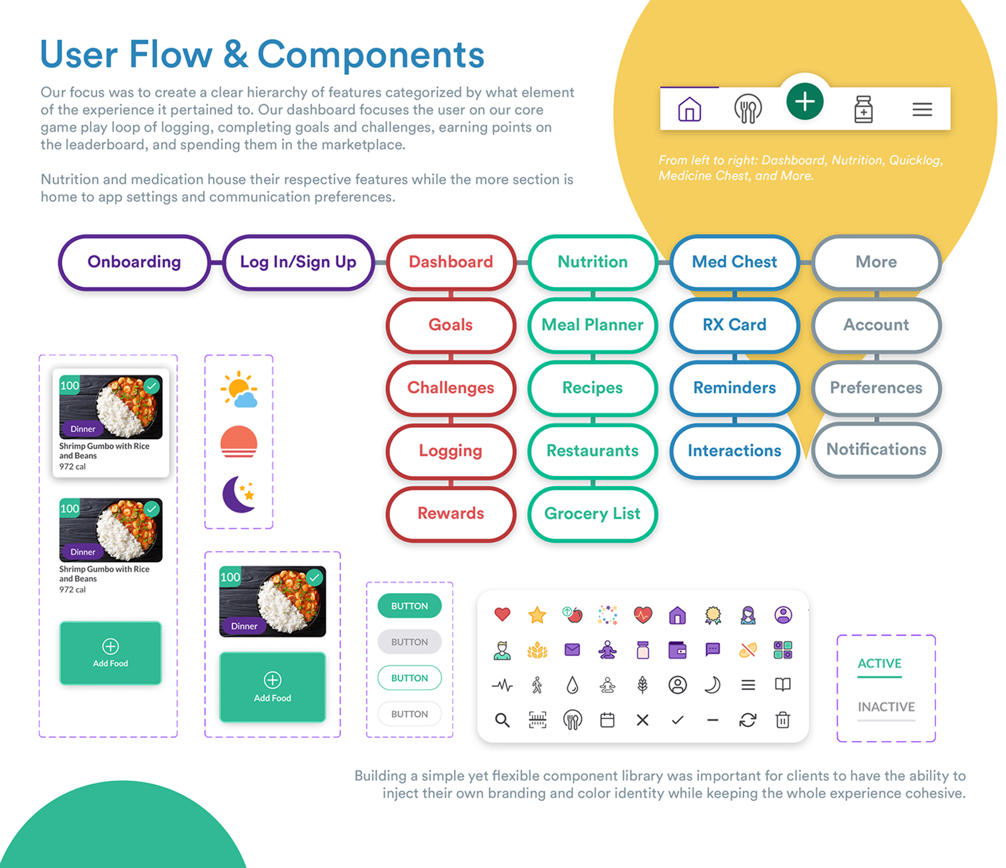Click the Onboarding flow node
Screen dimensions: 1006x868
point(134,262)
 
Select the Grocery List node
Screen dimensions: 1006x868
point(592,514)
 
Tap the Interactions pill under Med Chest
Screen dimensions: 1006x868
point(734,450)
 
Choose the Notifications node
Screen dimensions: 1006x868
point(876,449)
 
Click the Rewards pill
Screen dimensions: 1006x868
point(450,514)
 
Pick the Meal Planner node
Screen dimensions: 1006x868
point(592,325)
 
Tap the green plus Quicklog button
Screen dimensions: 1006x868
point(805,102)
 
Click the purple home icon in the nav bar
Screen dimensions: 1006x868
point(689,109)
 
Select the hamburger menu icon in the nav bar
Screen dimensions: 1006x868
point(922,110)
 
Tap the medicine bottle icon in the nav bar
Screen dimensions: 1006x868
point(863,109)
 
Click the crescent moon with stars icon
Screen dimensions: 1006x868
point(239,494)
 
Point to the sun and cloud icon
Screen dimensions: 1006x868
point(239,389)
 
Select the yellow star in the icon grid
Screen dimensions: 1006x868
point(537,615)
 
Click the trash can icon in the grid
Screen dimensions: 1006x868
point(783,720)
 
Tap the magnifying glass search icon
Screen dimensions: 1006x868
point(502,720)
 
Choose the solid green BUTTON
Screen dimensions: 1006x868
point(410,606)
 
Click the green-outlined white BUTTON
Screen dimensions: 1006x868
point(410,678)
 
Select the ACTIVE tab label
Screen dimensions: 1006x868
point(880,663)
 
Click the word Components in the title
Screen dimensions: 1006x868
point(371,55)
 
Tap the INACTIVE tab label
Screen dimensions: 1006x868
point(886,707)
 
